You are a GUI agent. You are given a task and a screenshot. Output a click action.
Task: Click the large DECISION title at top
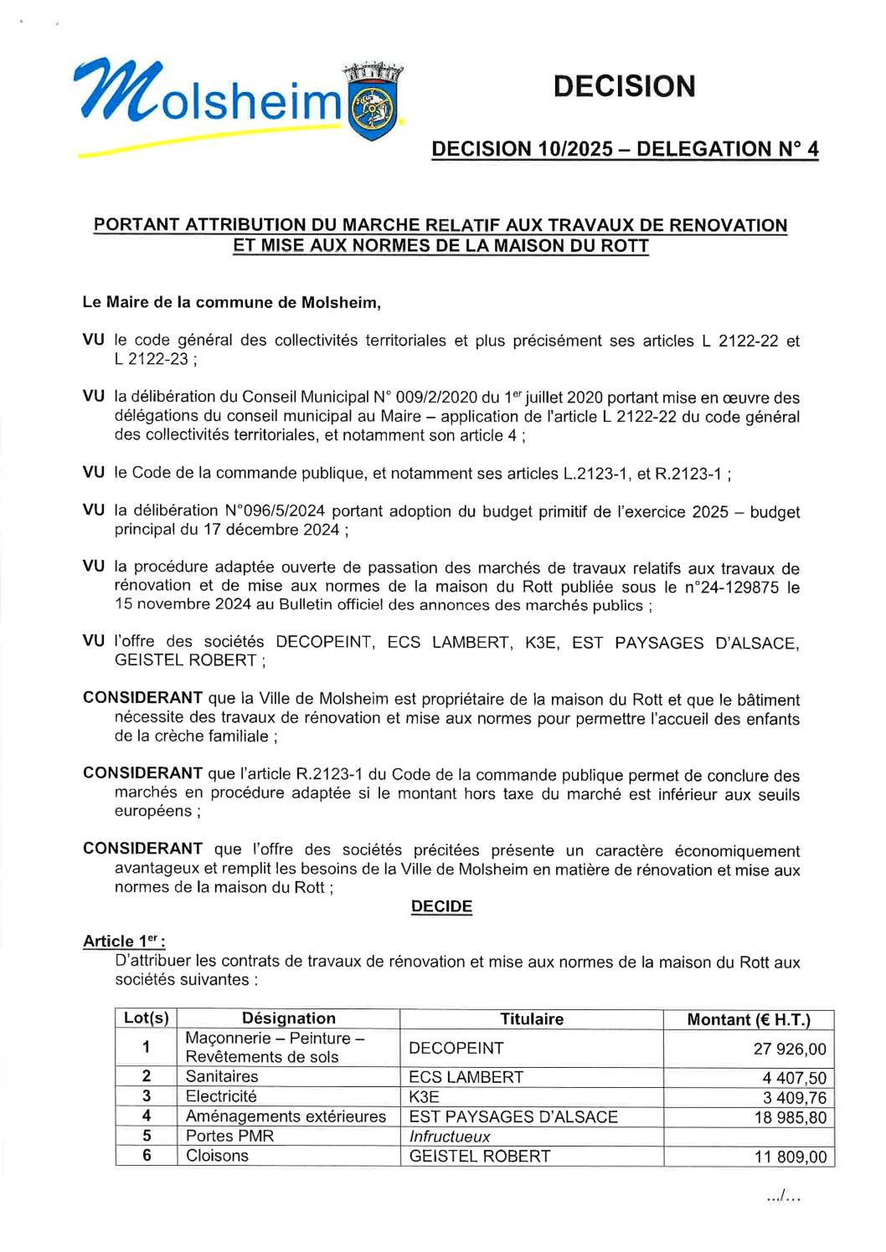[624, 86]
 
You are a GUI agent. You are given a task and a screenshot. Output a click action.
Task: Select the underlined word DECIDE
[441, 907]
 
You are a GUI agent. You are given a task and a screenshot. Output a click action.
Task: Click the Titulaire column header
[532, 1019]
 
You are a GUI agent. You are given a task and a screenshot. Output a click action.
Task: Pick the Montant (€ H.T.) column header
[749, 1019]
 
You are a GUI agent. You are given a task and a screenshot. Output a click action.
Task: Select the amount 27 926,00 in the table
[790, 1049]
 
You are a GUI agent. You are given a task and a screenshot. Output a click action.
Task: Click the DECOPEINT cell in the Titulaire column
[456, 1049]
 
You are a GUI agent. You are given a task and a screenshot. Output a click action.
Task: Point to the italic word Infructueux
[450, 1137]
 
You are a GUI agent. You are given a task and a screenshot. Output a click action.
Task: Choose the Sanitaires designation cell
[222, 1077]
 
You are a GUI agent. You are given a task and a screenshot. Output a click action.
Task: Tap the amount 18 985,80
[790, 1117]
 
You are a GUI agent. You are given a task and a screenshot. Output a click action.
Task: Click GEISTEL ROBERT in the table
[480, 1157]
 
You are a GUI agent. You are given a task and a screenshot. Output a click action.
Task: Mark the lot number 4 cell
[147, 1116]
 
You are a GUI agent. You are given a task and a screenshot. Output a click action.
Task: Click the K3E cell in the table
[424, 1097]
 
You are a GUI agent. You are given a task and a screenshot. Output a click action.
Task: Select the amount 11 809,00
[790, 1157]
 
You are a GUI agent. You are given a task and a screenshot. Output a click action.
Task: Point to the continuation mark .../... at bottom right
[783, 1198]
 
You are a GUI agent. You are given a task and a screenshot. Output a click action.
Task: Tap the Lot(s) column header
[147, 1019]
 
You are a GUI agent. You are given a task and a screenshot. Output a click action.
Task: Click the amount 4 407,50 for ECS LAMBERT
[794, 1079]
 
